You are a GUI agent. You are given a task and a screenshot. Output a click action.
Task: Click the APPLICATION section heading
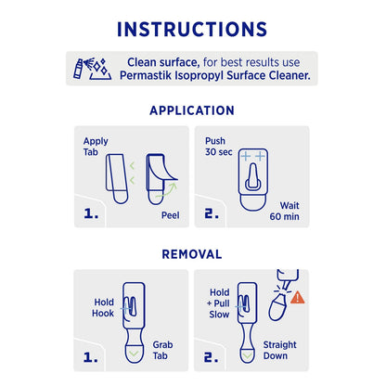point(192,109)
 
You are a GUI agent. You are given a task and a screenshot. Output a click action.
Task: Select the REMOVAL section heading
point(192,253)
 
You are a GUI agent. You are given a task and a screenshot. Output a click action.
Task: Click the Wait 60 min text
point(281,207)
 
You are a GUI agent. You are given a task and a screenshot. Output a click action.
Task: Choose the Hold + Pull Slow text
point(219,301)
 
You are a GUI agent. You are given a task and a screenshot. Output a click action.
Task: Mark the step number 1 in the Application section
point(91,214)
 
